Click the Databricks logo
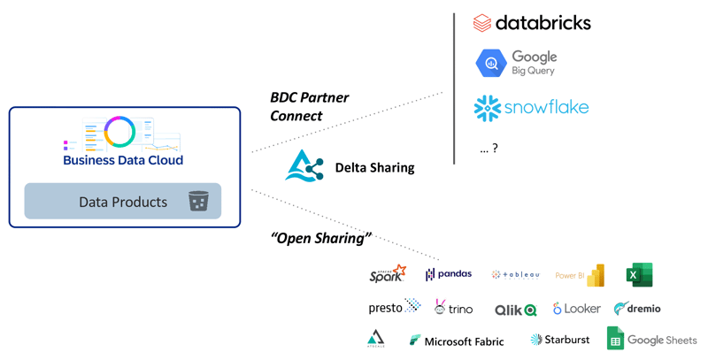[532, 23]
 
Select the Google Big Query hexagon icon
[491, 64]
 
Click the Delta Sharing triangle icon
[304, 165]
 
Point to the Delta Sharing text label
[374, 167]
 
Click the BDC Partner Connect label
[309, 106]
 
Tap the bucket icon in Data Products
[198, 202]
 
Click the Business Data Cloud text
[123, 160]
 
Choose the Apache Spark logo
[388, 274]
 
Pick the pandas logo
[449, 275]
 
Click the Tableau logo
[515, 275]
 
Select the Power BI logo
[580, 275]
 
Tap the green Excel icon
[638, 275]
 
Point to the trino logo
[453, 308]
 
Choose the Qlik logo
[515, 309]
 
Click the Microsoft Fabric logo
[457, 341]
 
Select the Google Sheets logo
[651, 340]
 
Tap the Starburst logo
[559, 340]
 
